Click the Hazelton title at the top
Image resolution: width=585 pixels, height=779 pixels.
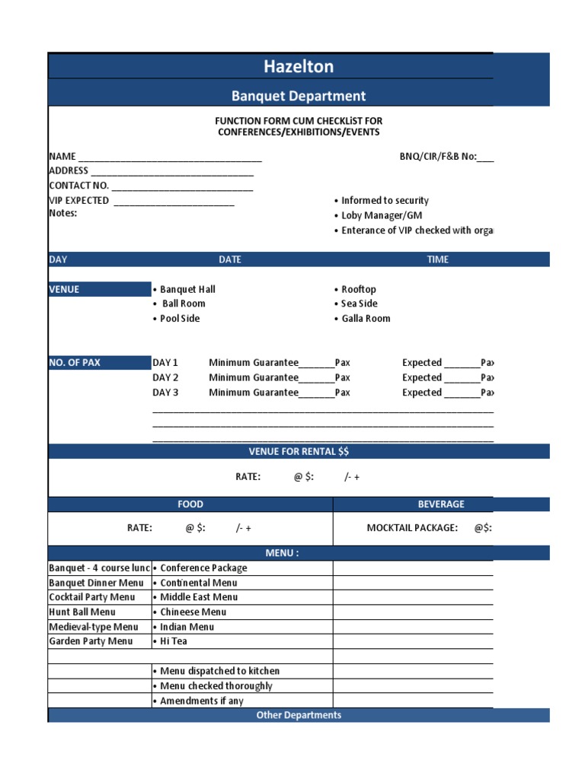pyautogui.click(x=299, y=66)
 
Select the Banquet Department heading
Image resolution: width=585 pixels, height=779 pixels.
pyautogui.click(x=299, y=96)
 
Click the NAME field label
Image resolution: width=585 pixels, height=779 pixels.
pyautogui.click(x=62, y=157)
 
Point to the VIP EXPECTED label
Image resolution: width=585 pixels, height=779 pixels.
pyautogui.click(x=79, y=201)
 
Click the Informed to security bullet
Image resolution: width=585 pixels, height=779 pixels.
pyautogui.click(x=385, y=201)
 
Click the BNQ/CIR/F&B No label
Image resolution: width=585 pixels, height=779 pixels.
pyautogui.click(x=438, y=157)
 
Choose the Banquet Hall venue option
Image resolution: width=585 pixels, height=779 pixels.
pyautogui.click(x=187, y=290)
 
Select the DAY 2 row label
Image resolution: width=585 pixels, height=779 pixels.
pyautogui.click(x=165, y=378)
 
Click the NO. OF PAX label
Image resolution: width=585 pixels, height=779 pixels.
pyautogui.click(x=75, y=363)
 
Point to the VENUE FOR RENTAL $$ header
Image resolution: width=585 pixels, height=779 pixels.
pyautogui.click(x=299, y=452)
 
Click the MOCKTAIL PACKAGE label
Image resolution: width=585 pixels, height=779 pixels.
pyautogui.click(x=412, y=528)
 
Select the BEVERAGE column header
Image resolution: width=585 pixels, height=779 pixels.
pyautogui.click(x=440, y=504)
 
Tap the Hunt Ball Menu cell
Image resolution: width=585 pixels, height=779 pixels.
pyautogui.click(x=82, y=612)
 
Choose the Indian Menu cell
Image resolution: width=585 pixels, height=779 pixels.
pyautogui.click(x=187, y=627)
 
